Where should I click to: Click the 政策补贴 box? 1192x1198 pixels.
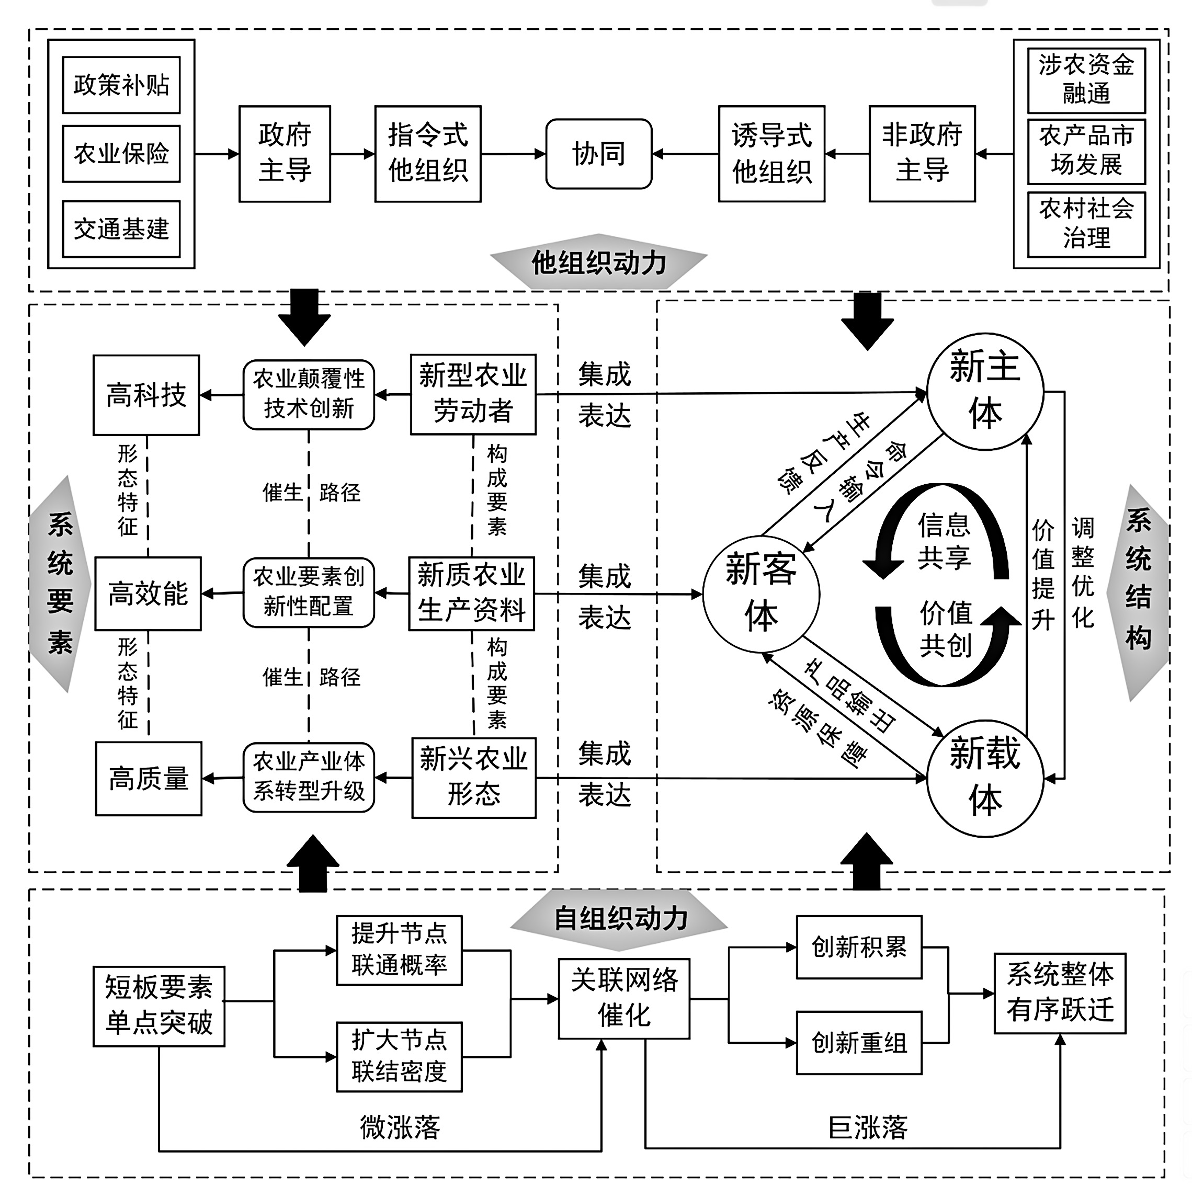[x=121, y=85]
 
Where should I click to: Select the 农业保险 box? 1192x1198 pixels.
[x=121, y=154]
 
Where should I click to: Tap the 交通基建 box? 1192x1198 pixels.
[x=121, y=229]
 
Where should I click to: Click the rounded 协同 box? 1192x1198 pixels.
[x=598, y=154]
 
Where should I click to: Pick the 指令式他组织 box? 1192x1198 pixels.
[x=427, y=154]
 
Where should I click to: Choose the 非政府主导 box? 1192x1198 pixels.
[x=922, y=154]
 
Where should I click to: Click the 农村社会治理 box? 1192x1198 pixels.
[x=1086, y=224]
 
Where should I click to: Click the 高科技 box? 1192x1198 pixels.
[x=146, y=395]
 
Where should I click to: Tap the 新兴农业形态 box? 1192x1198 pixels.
[x=474, y=777]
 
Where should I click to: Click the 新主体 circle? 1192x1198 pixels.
[x=985, y=391]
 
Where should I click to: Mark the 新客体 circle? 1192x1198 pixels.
[x=761, y=594]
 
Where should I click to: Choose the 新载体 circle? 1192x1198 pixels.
[x=985, y=777]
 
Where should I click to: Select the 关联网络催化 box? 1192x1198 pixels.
[x=624, y=998]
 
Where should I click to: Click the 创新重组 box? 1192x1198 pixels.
[x=859, y=1043]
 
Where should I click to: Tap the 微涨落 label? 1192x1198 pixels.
[x=400, y=1127]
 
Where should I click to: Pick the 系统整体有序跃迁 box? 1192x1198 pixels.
[x=1060, y=992]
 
